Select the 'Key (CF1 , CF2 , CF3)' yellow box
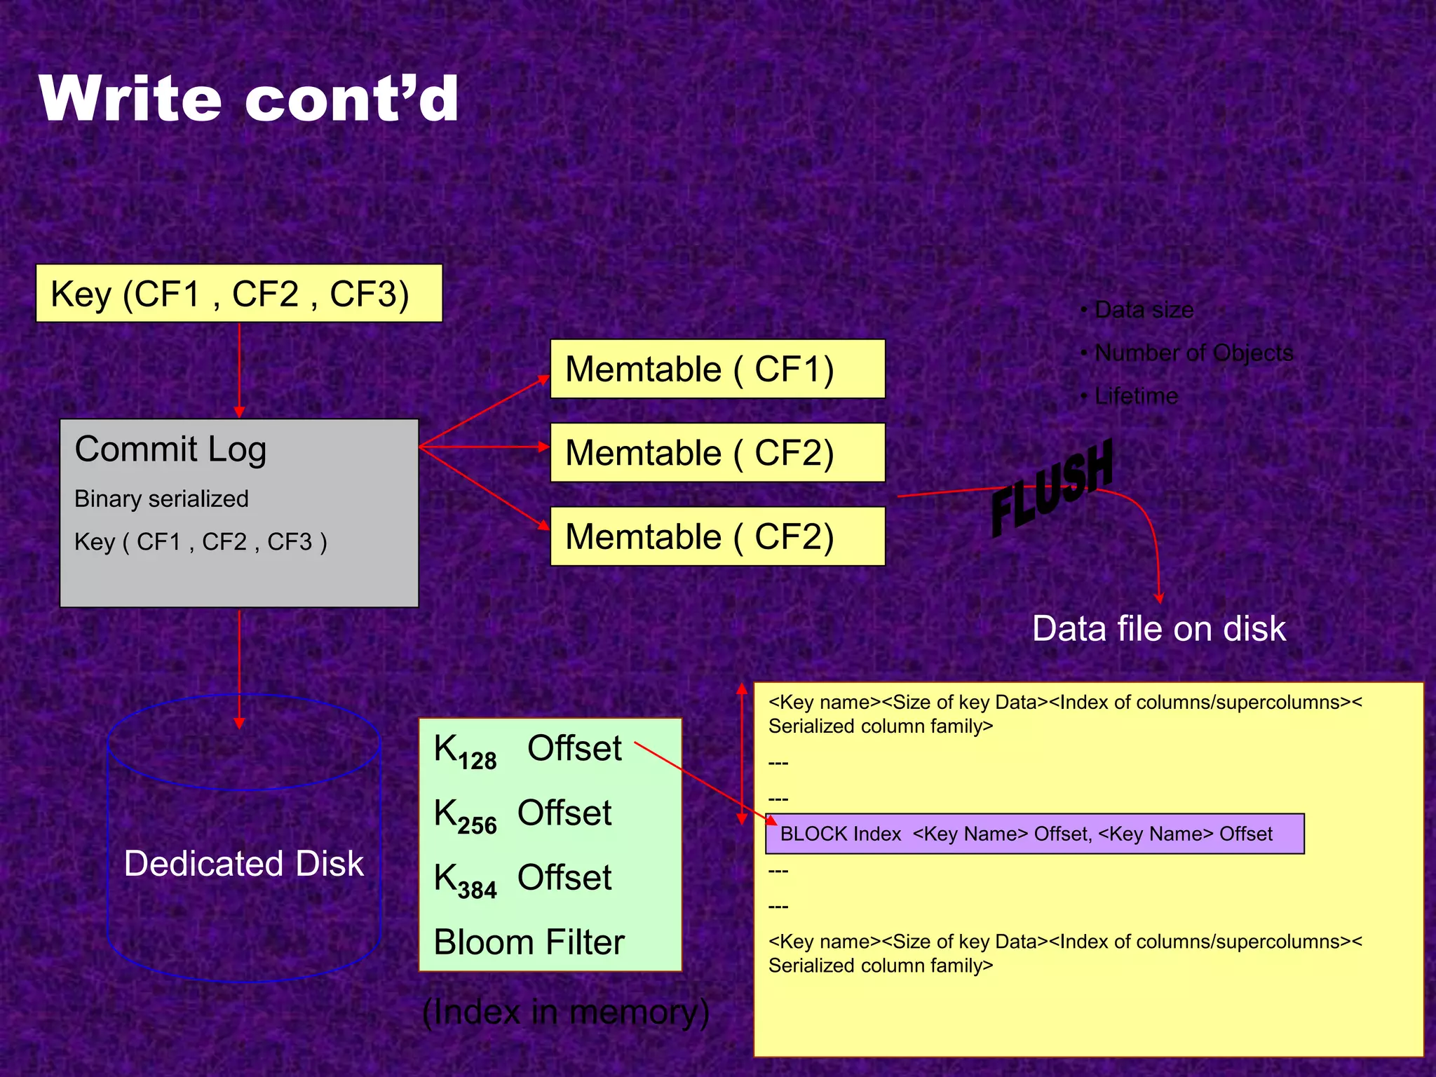(238, 293)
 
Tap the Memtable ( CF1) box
(717, 369)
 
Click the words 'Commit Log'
(170, 449)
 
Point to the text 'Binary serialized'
(161, 499)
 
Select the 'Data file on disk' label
(1159, 628)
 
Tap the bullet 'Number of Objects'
(1193, 353)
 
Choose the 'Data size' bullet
(1144, 309)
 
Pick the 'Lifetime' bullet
(1136, 396)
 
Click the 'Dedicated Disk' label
(243, 863)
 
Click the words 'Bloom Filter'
(529, 942)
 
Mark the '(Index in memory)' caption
(565, 1012)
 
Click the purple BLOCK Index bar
(1034, 834)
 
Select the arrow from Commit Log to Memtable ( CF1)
(484, 412)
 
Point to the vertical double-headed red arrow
(742, 754)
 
